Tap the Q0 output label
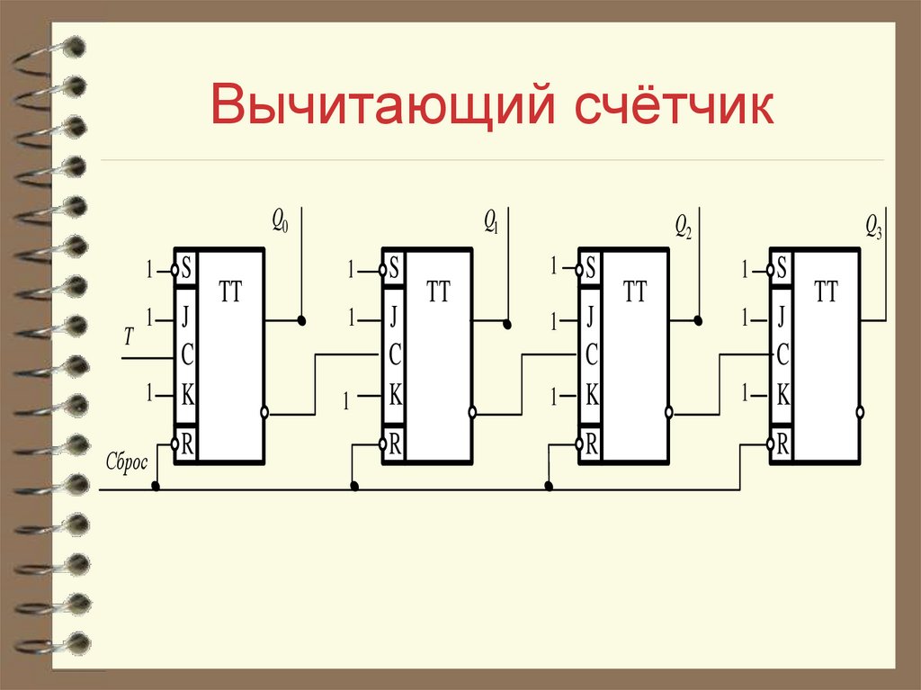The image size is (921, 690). [x=280, y=220]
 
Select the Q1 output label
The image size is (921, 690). [x=490, y=220]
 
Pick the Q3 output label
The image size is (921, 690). [x=873, y=224]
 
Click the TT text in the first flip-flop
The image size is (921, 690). [x=230, y=292]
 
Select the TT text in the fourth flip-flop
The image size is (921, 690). [x=825, y=292]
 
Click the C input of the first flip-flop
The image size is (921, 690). [x=187, y=355]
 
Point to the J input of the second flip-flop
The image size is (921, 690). [x=394, y=317]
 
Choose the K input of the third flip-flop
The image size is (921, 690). [x=591, y=393]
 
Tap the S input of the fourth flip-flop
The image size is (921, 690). [x=782, y=268]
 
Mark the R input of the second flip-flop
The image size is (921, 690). [x=394, y=443]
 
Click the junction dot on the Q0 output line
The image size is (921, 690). [x=302, y=320]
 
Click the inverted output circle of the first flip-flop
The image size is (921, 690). [x=264, y=413]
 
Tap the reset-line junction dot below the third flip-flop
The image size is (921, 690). [x=549, y=487]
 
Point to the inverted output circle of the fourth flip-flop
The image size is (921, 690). [x=861, y=412]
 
